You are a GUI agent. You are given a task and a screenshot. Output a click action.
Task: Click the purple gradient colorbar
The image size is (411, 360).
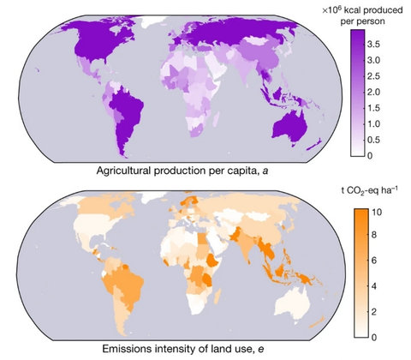click(360, 94)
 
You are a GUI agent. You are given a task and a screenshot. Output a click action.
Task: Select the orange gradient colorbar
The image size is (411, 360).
click(360, 270)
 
